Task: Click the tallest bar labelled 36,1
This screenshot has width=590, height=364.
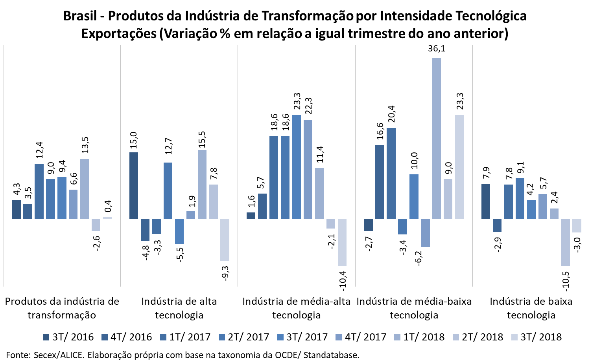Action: coord(436,138)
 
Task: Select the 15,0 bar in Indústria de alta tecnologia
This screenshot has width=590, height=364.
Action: coord(134,185)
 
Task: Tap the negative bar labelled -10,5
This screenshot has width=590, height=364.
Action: coord(566,242)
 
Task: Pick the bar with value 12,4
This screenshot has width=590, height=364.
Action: coord(39,191)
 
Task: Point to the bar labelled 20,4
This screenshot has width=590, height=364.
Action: coord(391,173)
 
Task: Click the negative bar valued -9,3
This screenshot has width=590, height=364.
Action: coord(225,240)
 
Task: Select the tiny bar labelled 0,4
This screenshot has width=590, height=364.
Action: coord(107,218)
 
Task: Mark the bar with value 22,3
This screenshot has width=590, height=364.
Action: coord(308,169)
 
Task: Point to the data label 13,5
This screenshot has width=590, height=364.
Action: coord(85,145)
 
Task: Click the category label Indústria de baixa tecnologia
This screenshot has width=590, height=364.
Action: coord(531,308)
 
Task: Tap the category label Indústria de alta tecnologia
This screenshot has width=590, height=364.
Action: coord(179,308)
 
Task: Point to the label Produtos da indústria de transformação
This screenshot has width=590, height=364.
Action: coord(62,308)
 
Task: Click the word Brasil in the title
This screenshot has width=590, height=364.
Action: coord(80,16)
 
